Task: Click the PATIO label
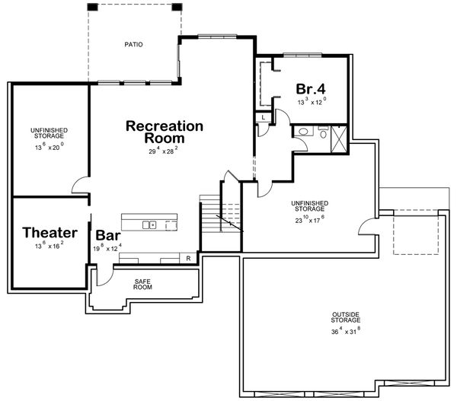point(134,44)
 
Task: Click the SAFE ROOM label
point(142,285)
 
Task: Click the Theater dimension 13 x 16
point(50,247)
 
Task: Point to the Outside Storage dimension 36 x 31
point(346,331)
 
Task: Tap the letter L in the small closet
point(263,118)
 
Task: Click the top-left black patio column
point(92,7)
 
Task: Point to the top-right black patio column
point(177,7)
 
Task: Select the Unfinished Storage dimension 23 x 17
point(310,218)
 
